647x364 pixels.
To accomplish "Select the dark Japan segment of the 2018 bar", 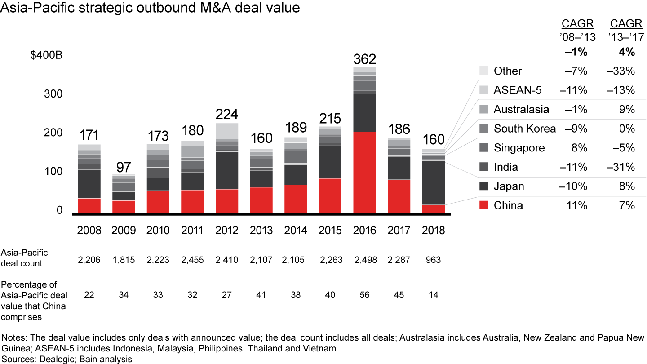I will (x=434, y=182).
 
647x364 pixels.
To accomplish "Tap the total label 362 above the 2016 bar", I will (x=364, y=59).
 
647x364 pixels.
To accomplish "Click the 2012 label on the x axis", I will (x=227, y=231).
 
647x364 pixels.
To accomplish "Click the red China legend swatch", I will (x=483, y=205).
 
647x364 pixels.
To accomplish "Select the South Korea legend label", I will (x=524, y=129).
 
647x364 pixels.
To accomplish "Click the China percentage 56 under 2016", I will (x=364, y=295).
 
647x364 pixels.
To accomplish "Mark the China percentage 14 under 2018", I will (x=434, y=295).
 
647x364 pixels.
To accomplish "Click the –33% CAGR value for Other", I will (x=622, y=71).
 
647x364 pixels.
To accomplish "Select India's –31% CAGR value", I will (x=622, y=167).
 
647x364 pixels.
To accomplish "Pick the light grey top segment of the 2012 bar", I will (x=227, y=131).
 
